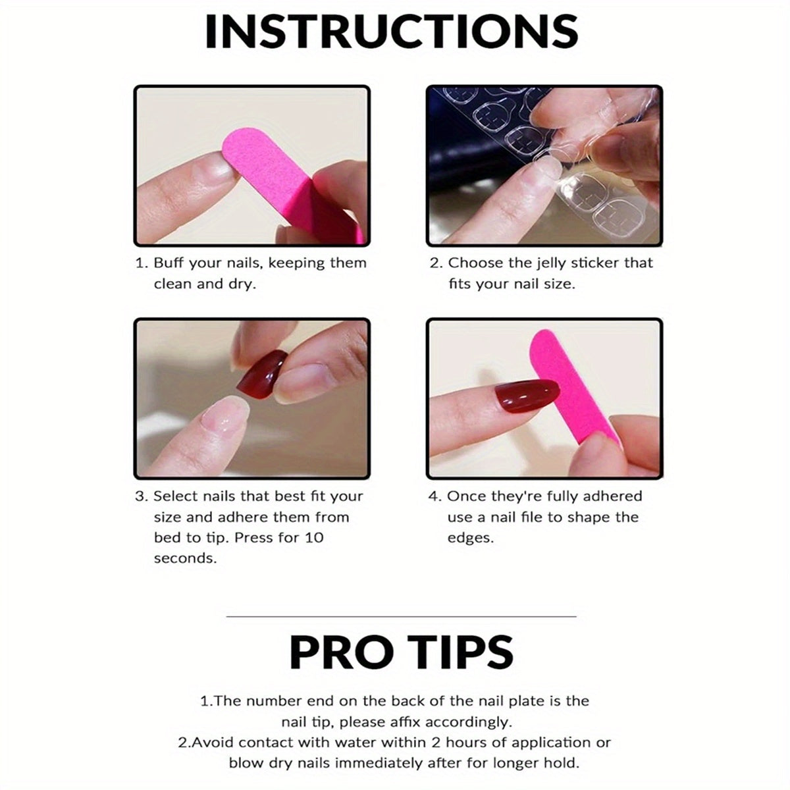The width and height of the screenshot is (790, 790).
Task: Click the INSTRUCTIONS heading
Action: coord(392,32)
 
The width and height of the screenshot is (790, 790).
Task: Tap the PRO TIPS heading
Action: coord(401,652)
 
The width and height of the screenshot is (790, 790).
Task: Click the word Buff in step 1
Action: coord(169,263)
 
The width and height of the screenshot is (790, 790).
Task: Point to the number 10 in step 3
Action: coord(313,537)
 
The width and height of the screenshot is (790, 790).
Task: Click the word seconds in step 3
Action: coord(185,558)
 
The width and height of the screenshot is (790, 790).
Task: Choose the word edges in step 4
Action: coord(471,538)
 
